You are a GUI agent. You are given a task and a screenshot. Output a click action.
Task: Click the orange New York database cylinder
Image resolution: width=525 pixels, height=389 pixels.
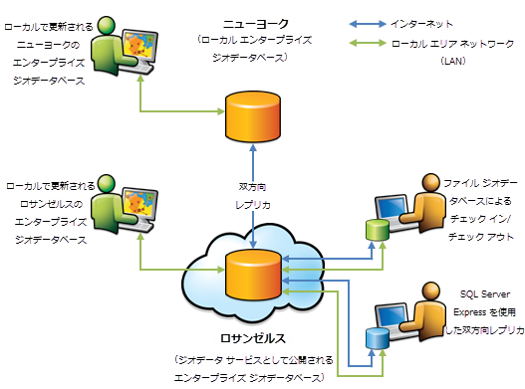(254, 116)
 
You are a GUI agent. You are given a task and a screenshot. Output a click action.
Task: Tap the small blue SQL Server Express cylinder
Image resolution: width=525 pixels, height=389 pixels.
(376, 337)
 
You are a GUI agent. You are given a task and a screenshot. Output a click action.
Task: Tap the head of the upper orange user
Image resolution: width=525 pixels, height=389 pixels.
(430, 182)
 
